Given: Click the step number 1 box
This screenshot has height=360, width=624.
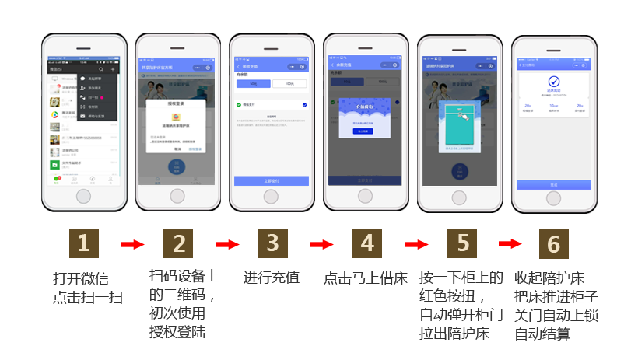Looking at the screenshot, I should [84, 244].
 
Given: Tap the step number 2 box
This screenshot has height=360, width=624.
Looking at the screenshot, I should [178, 244].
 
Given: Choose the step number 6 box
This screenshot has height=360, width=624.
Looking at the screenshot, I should [553, 244].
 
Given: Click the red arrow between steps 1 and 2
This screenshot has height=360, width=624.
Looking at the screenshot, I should [131, 245].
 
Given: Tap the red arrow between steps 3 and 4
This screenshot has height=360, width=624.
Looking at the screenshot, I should [321, 245].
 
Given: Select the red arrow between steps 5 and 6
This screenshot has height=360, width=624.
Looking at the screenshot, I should [509, 244].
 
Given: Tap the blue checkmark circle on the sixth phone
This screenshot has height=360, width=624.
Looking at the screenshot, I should [554, 81].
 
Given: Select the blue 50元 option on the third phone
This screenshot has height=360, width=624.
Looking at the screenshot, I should [253, 82].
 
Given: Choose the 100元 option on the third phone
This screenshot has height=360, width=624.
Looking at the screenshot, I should [289, 82].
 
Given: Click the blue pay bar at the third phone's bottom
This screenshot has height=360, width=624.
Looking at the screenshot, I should [272, 180].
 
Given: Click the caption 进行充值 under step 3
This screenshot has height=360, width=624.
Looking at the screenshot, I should [272, 278].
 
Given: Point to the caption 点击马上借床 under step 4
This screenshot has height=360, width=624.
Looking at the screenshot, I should [365, 278].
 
